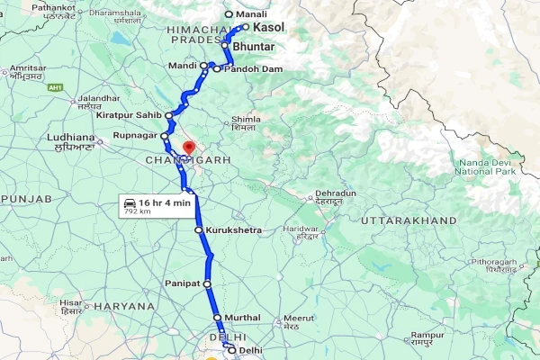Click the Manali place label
click(x=252, y=14)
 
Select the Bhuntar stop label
click(x=253, y=45)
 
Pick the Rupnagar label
click(x=135, y=136)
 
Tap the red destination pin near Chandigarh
click(x=188, y=147)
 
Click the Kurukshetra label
click(x=233, y=230)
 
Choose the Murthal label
click(x=243, y=318)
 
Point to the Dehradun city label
click(x=337, y=193)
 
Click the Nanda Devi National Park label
click(x=486, y=166)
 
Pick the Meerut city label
click(x=298, y=318)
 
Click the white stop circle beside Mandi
click(x=204, y=66)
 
